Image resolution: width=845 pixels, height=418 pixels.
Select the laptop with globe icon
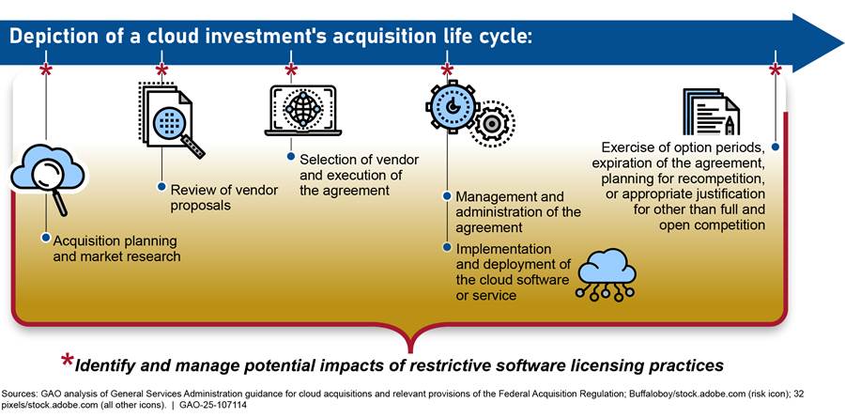302,109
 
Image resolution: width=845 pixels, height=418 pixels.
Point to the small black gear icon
491,124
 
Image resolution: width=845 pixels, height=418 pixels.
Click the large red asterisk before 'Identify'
67,363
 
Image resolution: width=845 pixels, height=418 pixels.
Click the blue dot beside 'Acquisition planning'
44,237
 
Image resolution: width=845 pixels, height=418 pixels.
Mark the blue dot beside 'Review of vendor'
161,185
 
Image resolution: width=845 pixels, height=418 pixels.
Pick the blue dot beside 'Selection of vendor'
291,156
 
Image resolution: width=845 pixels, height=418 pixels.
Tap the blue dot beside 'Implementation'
446,246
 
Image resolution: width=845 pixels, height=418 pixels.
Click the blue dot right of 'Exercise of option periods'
775,147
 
